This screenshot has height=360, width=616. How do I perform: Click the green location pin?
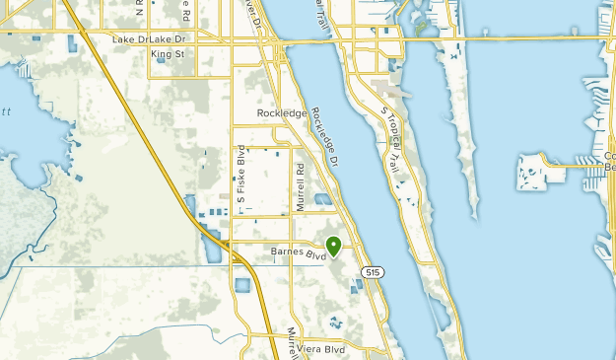click(334, 246)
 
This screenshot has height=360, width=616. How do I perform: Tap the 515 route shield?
click(371, 271)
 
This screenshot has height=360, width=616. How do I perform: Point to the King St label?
click(169, 54)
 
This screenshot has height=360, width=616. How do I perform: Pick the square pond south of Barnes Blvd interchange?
click(242, 286)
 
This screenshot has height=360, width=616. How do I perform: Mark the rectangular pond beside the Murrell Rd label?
click(323, 200)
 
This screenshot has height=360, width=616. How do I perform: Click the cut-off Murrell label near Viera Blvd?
click(292, 340)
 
